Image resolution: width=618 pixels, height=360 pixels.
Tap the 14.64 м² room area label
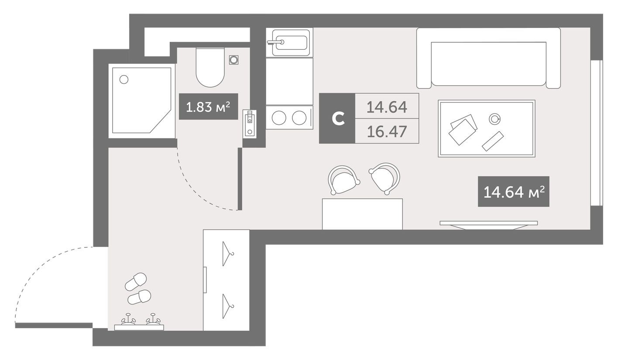(513, 192)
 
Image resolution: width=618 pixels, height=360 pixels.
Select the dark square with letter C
(337, 118)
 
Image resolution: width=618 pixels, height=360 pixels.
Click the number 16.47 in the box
(387, 131)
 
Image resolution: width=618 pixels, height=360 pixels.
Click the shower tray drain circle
(124, 79)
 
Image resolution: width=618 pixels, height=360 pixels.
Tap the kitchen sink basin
(290, 42)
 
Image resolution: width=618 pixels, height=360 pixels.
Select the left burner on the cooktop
(279, 118)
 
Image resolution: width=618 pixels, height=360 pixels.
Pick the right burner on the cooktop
(299, 118)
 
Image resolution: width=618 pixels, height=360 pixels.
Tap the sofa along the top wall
(488, 58)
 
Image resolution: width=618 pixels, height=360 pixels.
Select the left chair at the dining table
(344, 180)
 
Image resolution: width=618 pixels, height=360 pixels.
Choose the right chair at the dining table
(385, 177)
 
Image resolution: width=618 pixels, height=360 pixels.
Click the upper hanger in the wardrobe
(227, 254)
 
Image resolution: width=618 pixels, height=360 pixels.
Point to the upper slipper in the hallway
(136, 282)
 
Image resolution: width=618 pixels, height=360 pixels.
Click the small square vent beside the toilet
(234, 60)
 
